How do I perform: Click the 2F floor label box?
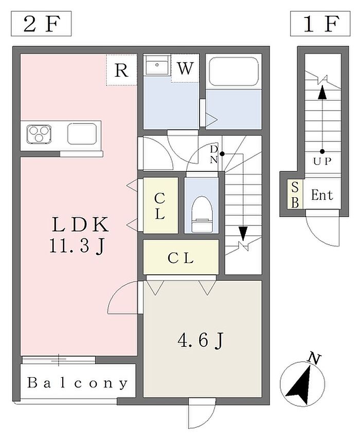tap(41, 24)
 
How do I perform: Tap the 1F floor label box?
tap(320, 24)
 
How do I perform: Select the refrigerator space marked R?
tap(121, 70)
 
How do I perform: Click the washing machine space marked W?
tap(185, 68)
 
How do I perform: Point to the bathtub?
tap(234, 72)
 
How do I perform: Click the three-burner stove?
tap(39, 134)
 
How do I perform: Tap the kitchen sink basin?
tap(82, 134)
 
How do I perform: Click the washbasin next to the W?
tap(157, 65)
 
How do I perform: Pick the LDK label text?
tap(80, 224)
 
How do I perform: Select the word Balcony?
tap(78, 383)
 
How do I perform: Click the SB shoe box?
tap(295, 195)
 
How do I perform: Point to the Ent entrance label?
tap(322, 195)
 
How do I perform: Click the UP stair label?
tap(322, 161)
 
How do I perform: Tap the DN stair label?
tap(214, 154)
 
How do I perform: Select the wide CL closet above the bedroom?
tap(181, 257)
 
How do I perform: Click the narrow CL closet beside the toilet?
tap(161, 205)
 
